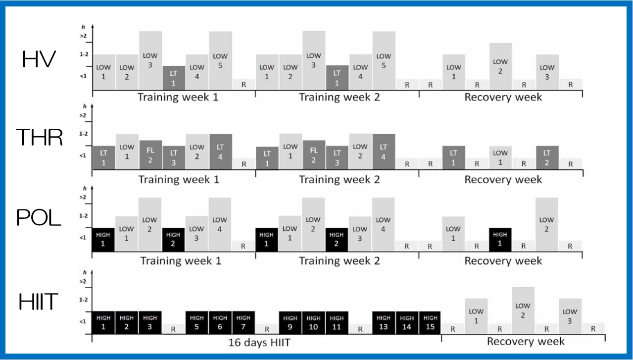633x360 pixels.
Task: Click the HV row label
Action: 39,59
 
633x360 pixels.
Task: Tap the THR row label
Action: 39,137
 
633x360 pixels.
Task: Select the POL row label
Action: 39,217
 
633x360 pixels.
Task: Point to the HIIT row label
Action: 39,302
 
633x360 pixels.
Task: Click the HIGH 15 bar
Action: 430,323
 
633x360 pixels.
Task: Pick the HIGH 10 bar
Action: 313,323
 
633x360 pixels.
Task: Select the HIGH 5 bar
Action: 196,323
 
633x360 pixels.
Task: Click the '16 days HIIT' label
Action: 259,343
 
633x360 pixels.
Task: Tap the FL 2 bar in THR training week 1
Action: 150,155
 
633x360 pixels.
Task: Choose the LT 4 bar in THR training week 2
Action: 384,152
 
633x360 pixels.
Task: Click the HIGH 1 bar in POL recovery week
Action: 500,240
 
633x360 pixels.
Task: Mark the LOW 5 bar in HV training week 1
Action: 220,60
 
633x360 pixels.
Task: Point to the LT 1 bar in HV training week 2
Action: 337,78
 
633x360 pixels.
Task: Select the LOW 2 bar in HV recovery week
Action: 500,67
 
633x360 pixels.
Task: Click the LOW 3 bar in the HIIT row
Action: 570,316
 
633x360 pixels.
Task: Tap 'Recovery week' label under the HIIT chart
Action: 526,341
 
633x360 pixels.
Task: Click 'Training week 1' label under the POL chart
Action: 181,261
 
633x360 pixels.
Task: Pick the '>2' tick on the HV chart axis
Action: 83,36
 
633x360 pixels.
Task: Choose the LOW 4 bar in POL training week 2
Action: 383,224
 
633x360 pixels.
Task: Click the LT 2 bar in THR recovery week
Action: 547,158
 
